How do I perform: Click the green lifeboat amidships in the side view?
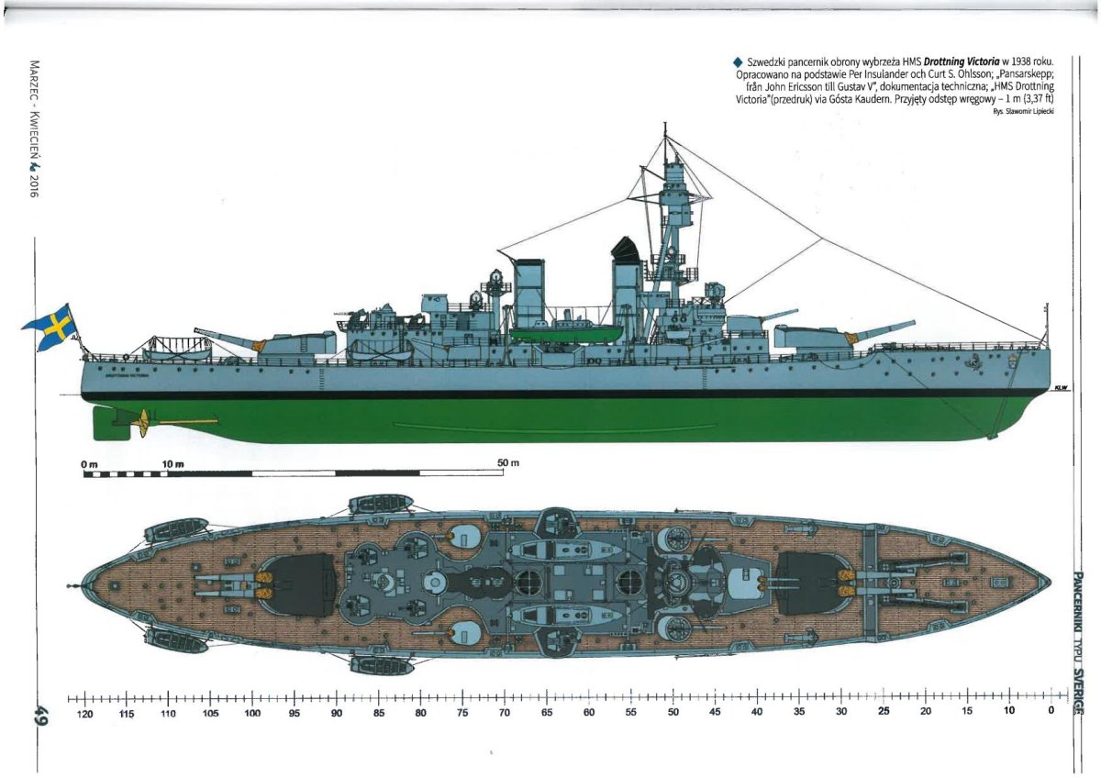553,332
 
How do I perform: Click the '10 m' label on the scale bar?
173,464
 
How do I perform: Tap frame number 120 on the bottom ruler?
84,713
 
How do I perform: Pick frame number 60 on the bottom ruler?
588,713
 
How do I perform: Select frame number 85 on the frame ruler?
378,713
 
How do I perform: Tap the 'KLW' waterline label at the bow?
1062,388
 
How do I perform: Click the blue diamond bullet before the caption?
737,61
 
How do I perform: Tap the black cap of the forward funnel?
626,248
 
